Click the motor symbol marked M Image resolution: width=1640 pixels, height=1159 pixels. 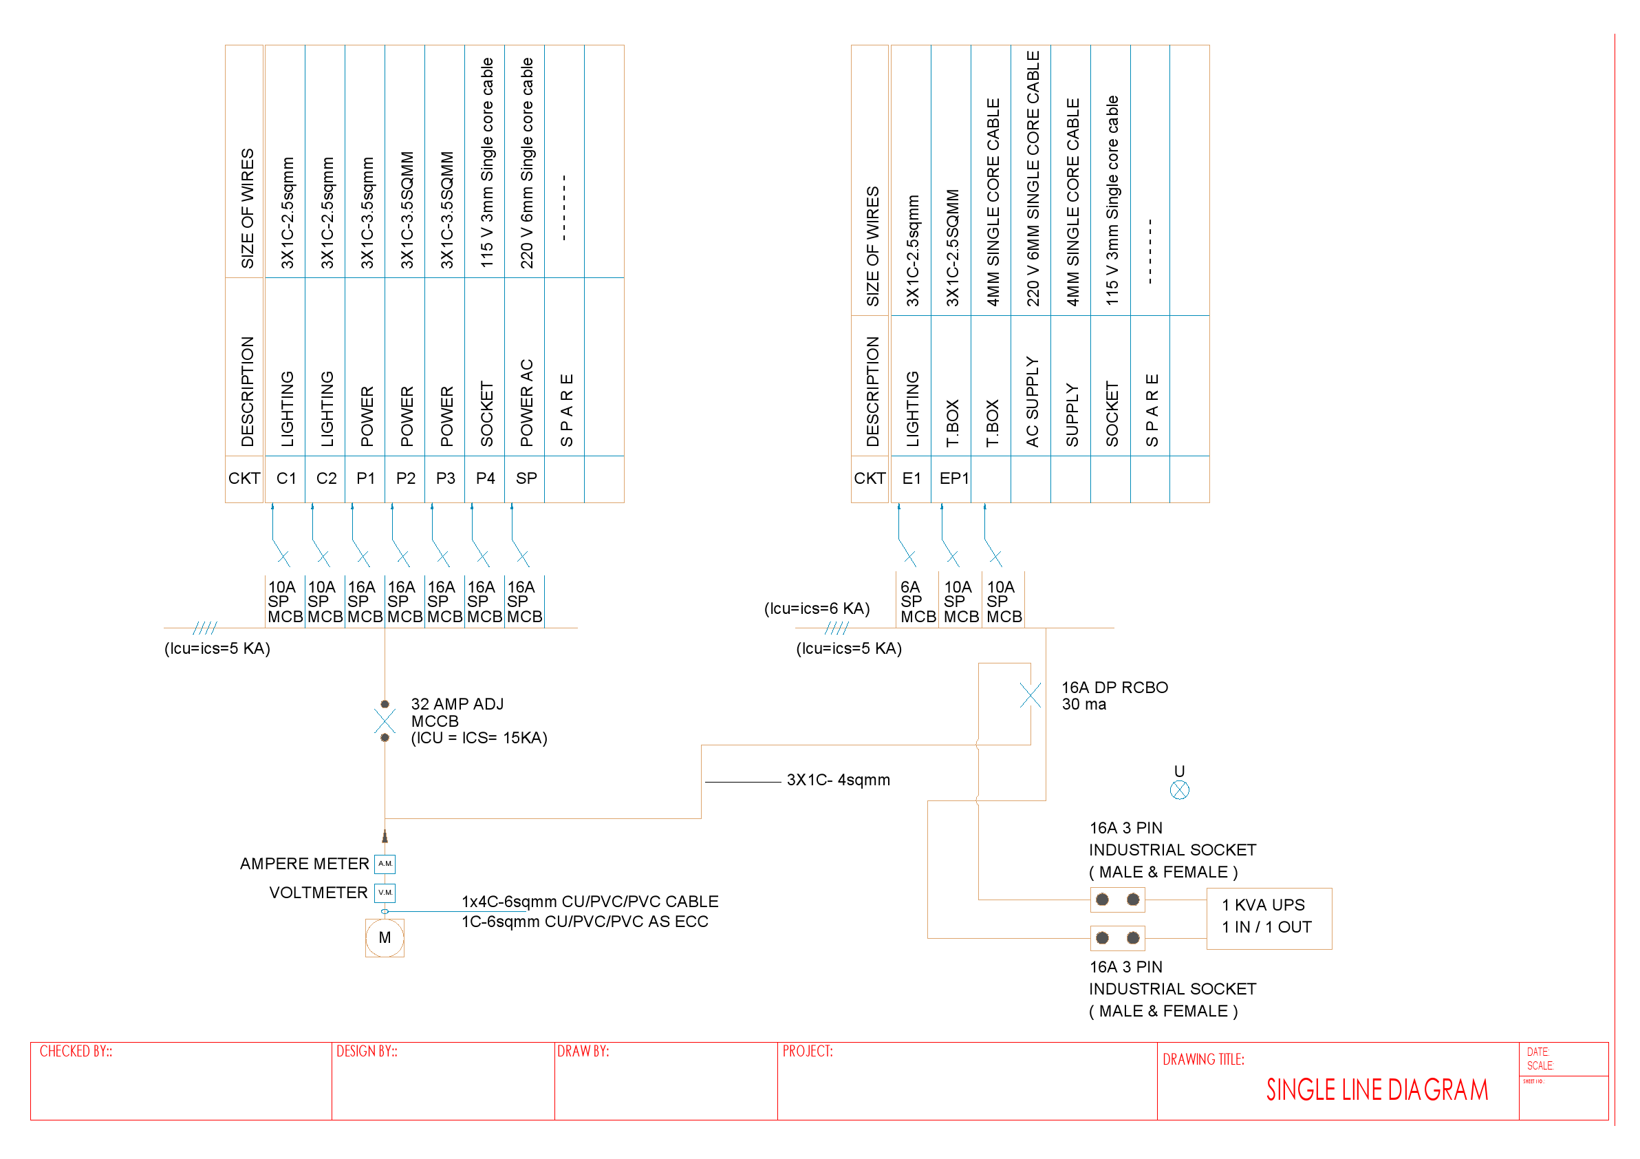(385, 937)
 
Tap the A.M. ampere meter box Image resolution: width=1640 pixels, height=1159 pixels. (385, 864)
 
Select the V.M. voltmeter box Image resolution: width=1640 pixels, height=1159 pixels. (385, 893)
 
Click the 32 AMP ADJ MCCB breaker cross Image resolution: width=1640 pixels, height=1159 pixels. (385, 721)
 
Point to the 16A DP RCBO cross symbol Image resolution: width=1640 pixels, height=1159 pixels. (1030, 695)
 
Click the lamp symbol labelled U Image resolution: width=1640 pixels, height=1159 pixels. (1179, 789)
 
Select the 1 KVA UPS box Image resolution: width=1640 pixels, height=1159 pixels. (1269, 918)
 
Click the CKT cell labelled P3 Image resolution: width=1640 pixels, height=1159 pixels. (445, 478)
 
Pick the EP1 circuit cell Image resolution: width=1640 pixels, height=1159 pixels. (953, 478)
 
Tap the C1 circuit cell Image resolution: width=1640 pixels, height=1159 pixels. (285, 478)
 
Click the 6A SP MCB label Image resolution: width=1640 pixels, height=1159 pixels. (917, 602)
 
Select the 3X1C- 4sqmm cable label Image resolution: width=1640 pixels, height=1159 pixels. (838, 780)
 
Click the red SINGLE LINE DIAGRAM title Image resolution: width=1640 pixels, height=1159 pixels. (1377, 1089)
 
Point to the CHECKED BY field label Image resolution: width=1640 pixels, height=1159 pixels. (76, 1051)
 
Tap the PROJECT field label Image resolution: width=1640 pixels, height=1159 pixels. (807, 1051)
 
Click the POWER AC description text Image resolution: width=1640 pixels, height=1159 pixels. (526, 403)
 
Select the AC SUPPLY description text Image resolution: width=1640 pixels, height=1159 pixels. (1032, 401)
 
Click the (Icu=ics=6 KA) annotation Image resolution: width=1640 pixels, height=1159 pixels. (817, 608)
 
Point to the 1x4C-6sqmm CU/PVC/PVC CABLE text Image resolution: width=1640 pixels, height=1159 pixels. (590, 901)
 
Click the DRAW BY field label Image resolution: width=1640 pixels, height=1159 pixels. (583, 1051)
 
